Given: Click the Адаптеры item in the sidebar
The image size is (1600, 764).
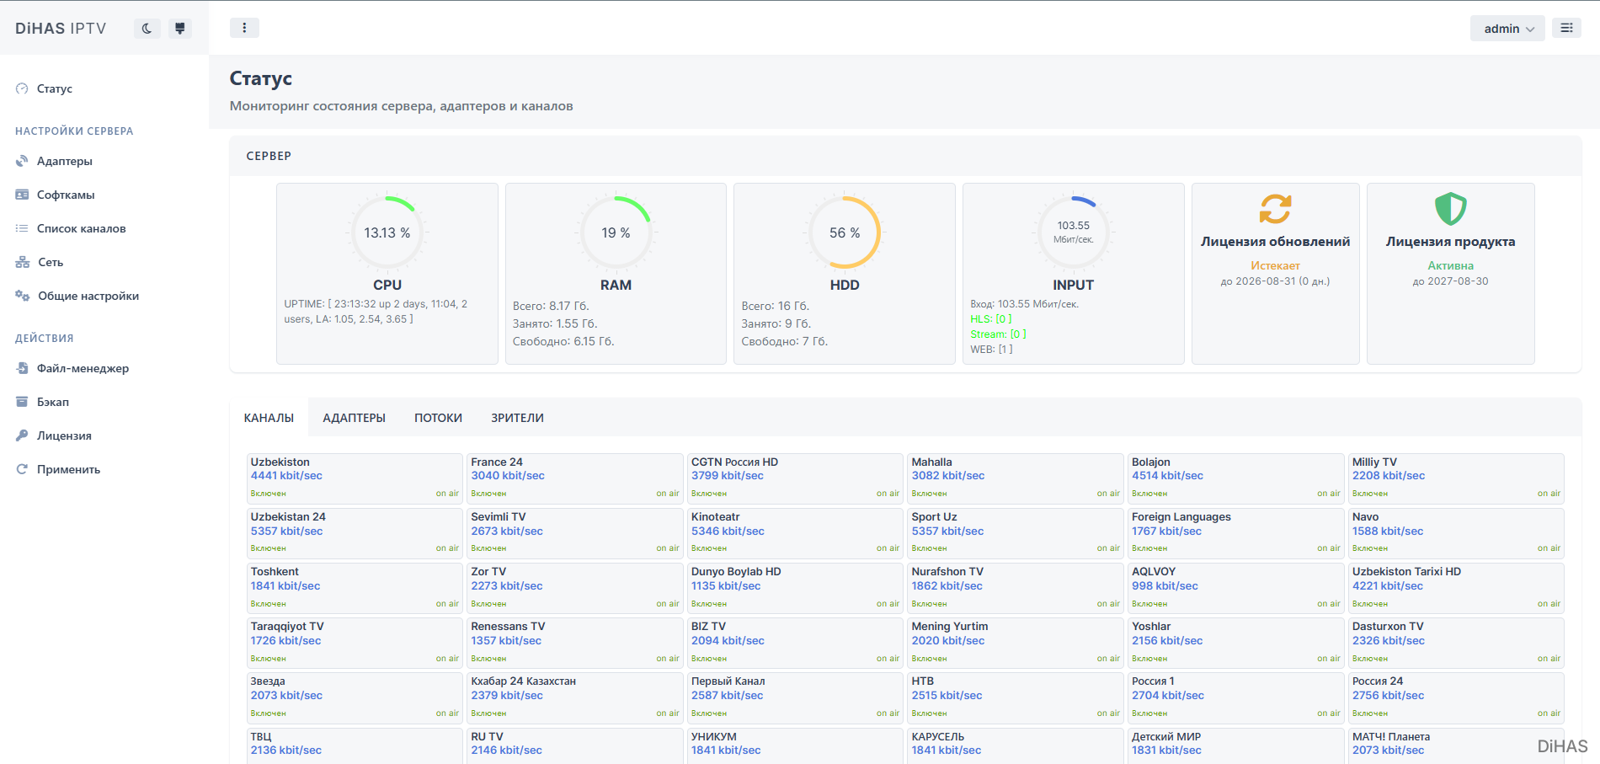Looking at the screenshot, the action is coord(64,161).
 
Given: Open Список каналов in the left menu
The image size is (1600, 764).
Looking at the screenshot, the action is coord(81,228).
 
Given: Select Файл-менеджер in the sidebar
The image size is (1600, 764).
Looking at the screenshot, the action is coord(83,368).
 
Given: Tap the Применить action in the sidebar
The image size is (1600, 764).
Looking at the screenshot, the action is coord(68,469).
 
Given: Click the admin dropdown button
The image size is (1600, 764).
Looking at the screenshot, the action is coord(1507,29).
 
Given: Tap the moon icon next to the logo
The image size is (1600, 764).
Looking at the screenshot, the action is coord(147,29).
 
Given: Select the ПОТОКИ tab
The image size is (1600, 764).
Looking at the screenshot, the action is coord(438,418).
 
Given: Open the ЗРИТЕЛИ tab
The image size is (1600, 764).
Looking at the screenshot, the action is coord(517,418).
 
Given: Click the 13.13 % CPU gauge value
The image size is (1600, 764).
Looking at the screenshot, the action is coord(387,232).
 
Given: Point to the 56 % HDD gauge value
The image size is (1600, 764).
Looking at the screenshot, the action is coord(845,232).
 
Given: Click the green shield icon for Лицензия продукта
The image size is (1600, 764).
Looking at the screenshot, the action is coord(1450,208).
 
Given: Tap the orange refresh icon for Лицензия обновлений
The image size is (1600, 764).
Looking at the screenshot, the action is coord(1275,208).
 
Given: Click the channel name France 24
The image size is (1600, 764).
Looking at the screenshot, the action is coord(497,462).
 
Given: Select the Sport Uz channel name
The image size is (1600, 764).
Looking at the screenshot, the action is coord(934,516).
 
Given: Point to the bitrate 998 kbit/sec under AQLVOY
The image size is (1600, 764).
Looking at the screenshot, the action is coord(1165,585).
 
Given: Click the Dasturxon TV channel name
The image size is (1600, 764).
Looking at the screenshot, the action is coord(1388,626).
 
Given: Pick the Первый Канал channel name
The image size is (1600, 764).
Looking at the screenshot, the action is coord(728,681).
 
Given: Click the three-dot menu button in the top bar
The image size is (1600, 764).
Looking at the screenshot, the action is coord(244,28).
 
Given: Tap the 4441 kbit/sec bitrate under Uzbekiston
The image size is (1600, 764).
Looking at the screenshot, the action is coord(286,475).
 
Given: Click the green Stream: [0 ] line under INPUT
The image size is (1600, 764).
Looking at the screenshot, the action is coord(998,334).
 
